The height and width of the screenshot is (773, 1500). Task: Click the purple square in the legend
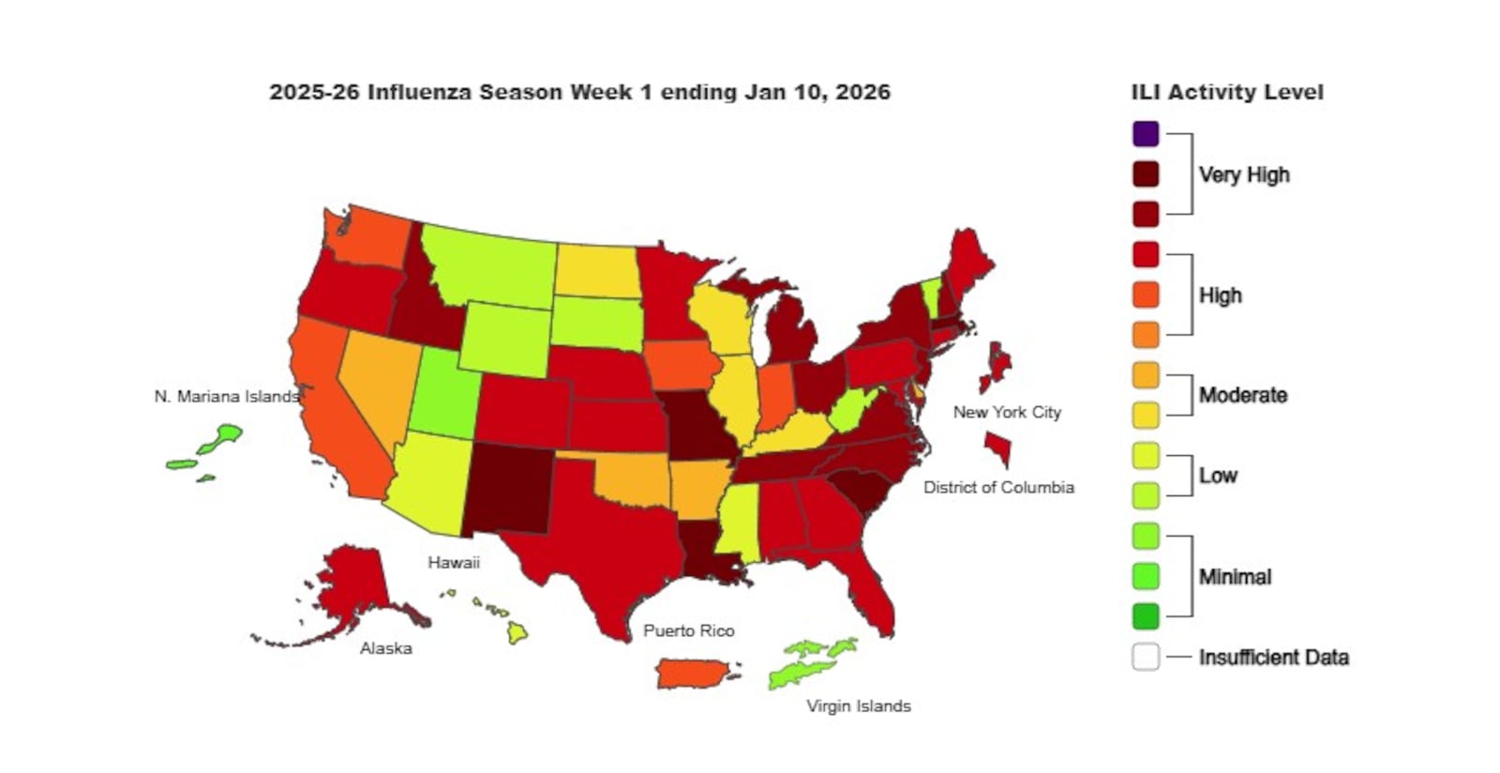[1145, 134]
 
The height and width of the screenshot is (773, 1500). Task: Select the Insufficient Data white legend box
[1145, 657]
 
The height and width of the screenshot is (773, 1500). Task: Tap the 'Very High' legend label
[1244, 175]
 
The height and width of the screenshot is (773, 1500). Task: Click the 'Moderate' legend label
[1243, 395]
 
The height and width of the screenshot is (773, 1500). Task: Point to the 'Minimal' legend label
[1235, 577]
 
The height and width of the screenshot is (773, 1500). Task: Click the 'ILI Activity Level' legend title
[1227, 92]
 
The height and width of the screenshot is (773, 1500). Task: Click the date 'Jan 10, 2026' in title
[817, 92]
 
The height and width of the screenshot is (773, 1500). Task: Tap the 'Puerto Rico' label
[688, 630]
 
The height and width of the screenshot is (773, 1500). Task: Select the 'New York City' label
[1007, 412]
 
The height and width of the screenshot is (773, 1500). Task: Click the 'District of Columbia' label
[998, 487]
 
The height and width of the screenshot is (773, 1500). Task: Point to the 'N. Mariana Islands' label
[226, 397]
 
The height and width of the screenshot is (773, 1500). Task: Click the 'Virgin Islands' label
[858, 705]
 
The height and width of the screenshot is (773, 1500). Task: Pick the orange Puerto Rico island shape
[695, 673]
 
